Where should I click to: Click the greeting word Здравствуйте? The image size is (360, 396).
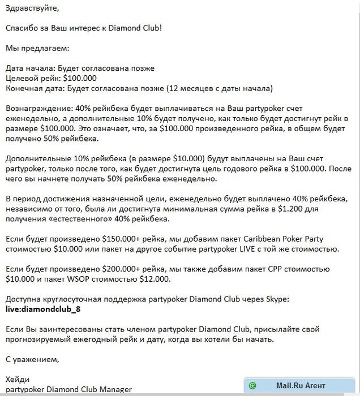click(x=31, y=10)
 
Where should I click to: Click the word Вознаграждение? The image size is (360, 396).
click(x=38, y=107)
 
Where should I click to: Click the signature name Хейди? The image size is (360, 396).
click(x=17, y=378)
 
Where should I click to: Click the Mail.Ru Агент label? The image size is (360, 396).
click(x=301, y=386)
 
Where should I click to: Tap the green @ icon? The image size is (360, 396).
click(x=252, y=386)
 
